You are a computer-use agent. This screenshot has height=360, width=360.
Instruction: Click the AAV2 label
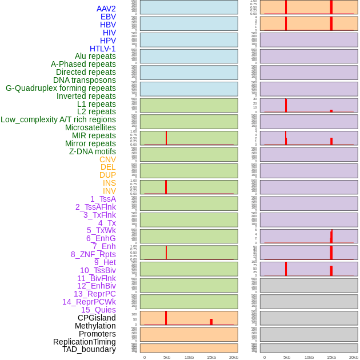[x=106, y=9]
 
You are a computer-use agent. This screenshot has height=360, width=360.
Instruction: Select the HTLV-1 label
[x=102, y=49]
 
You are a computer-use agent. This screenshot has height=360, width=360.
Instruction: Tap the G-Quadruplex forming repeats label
[x=61, y=88]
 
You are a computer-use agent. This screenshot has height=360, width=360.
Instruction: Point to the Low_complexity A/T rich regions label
[x=58, y=119]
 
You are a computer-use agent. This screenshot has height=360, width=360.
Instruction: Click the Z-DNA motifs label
[x=93, y=151]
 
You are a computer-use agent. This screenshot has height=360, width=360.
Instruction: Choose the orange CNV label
[x=107, y=159]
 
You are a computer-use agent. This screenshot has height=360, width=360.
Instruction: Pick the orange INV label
[x=109, y=191]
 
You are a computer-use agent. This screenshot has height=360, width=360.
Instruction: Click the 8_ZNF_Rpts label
[x=93, y=254]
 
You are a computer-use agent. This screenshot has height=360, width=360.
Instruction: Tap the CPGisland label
[x=97, y=318]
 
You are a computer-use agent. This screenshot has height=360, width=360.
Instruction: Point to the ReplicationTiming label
[x=85, y=342]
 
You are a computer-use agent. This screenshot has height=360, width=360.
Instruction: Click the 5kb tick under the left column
[x=167, y=357]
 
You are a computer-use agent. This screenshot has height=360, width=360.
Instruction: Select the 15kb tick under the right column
[x=331, y=357]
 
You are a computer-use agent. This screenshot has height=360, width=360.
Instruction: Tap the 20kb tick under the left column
[x=234, y=357]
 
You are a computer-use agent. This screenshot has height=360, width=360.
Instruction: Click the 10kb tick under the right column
[x=309, y=357]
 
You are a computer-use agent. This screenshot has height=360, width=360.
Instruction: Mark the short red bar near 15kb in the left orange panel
[x=211, y=322]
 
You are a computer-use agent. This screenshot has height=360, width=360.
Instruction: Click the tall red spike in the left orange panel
[x=166, y=318]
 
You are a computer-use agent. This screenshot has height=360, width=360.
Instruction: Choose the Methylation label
[x=95, y=326]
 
